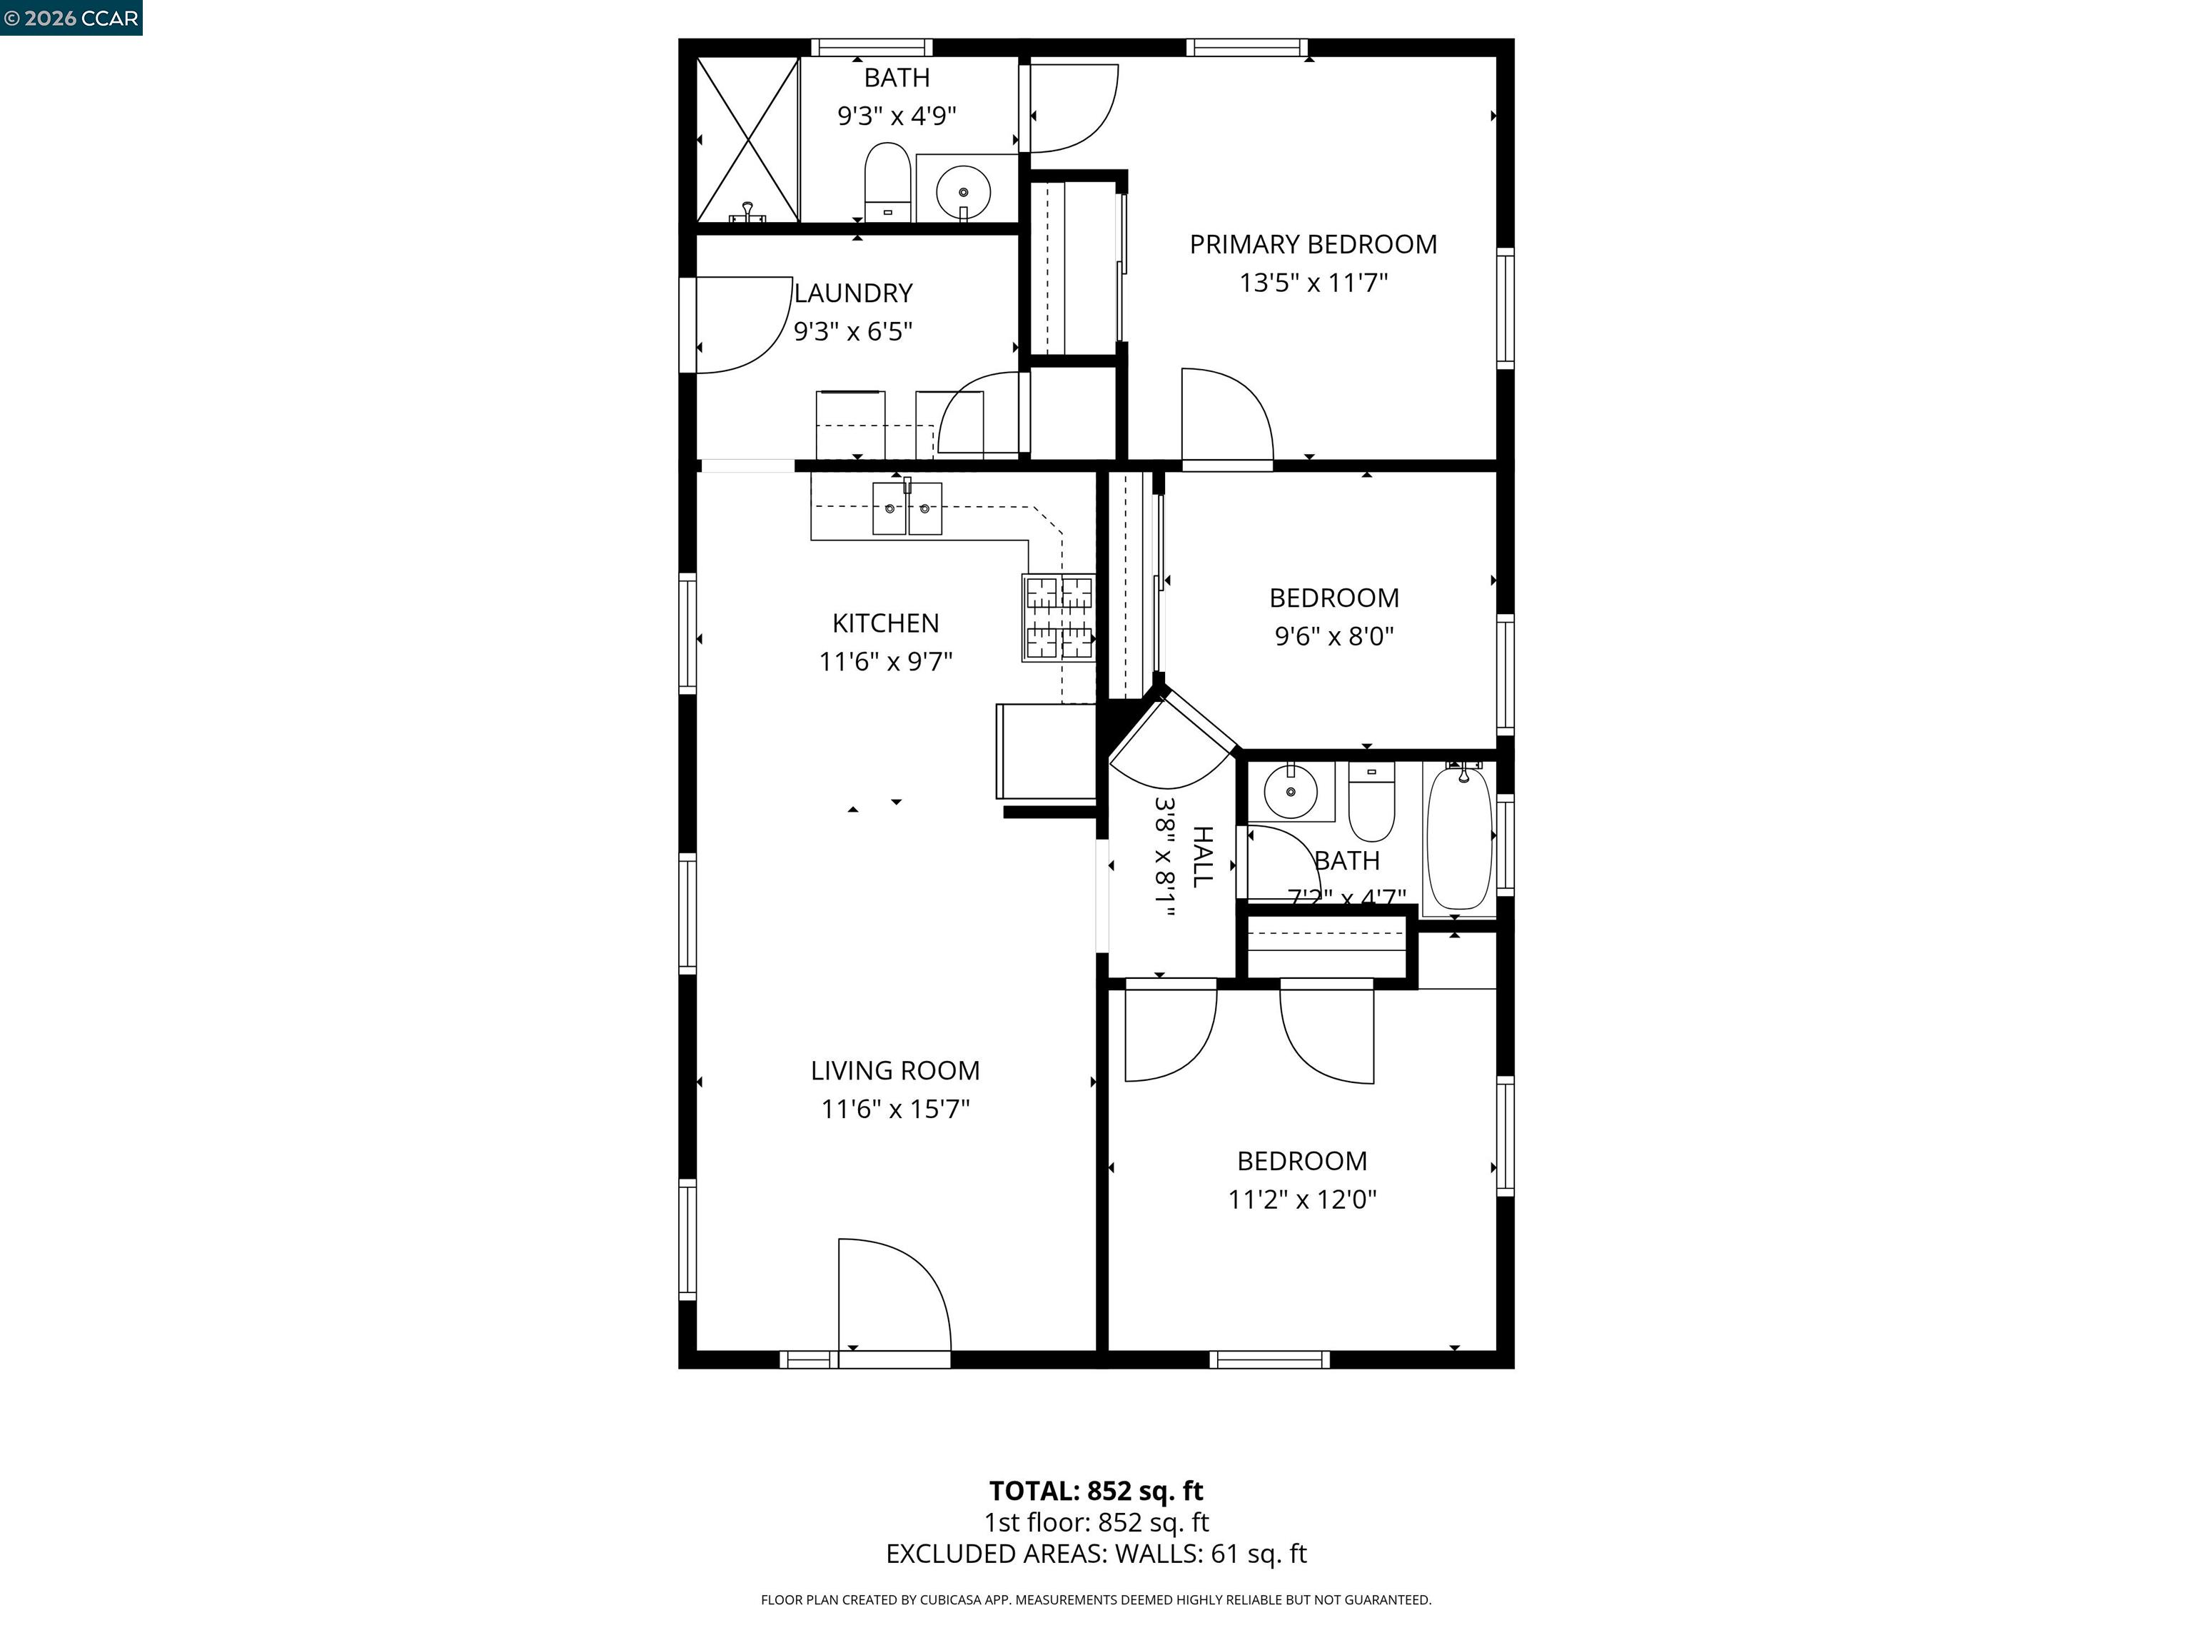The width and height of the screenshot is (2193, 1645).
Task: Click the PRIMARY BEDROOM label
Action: point(1313,244)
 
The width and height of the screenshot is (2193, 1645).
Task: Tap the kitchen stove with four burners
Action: point(1059,618)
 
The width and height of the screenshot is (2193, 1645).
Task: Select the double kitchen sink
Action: point(906,508)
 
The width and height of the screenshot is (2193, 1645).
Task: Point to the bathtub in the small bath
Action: point(1458,839)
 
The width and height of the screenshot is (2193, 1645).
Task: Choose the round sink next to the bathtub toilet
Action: point(1290,791)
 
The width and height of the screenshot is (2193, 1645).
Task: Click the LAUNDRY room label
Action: point(852,293)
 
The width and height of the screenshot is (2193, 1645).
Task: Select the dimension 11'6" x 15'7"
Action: point(894,1109)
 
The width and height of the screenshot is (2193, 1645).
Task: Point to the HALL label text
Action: point(1201,857)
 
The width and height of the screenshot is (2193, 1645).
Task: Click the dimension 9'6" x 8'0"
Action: point(1334,637)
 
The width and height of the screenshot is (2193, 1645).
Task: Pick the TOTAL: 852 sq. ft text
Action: point(1096,1490)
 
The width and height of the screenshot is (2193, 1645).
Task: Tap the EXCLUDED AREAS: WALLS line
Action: point(1096,1554)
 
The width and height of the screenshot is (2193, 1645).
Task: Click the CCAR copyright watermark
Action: point(71,18)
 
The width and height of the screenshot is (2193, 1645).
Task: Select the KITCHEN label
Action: point(885,623)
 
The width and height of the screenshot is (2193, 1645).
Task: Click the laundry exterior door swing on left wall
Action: point(739,326)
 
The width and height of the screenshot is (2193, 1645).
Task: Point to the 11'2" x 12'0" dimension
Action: point(1301,1199)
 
